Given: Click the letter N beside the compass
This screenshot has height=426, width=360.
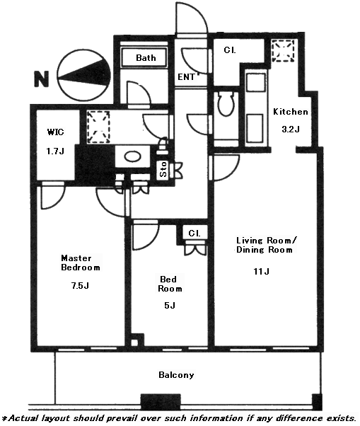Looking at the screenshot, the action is click(41, 79).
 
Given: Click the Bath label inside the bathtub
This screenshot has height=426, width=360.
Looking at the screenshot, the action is click(146, 57).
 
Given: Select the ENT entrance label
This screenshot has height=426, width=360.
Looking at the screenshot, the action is click(186, 77).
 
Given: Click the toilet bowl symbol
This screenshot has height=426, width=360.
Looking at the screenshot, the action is click(226, 104).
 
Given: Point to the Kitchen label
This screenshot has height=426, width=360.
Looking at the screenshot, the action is click(290, 112).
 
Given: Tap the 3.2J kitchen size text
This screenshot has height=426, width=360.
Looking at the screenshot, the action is click(291, 129).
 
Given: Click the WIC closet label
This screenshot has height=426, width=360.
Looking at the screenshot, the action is click(56, 132).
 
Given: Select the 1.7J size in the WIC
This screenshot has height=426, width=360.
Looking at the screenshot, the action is click(55, 151).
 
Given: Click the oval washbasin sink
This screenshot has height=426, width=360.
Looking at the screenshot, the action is click(132, 156).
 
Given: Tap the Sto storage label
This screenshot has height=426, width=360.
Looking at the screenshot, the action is click(163, 169).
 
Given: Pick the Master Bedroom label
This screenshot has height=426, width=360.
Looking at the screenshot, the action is click(81, 263).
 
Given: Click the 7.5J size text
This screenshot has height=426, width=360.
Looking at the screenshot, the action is click(80, 286).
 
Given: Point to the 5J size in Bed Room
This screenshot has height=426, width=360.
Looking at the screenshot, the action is click(170, 306).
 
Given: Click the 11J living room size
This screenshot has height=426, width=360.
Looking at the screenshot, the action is click(262, 271).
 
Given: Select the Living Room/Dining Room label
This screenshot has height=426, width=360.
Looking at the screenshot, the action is click(266, 245).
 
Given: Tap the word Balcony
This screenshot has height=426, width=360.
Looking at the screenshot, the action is click(176, 375).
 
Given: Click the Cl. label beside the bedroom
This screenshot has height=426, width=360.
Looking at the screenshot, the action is click(194, 234).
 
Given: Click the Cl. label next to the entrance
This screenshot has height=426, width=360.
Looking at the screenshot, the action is click(230, 50).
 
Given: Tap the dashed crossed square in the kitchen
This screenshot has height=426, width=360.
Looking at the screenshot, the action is click(283, 50).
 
